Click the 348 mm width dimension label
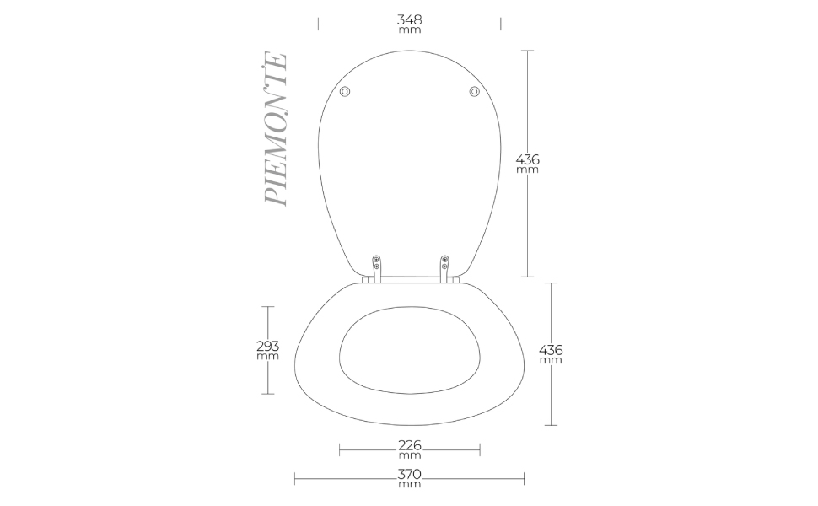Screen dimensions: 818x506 410,24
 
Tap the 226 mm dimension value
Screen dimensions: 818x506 410,449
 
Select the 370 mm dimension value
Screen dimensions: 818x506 410,479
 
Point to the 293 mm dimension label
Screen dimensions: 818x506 268,350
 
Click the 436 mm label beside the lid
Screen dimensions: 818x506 527,164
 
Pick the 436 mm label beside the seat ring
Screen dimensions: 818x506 551,354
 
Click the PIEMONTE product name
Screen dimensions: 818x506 276,128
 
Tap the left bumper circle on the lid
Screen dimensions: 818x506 344,92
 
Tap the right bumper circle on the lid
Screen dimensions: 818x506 474,92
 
